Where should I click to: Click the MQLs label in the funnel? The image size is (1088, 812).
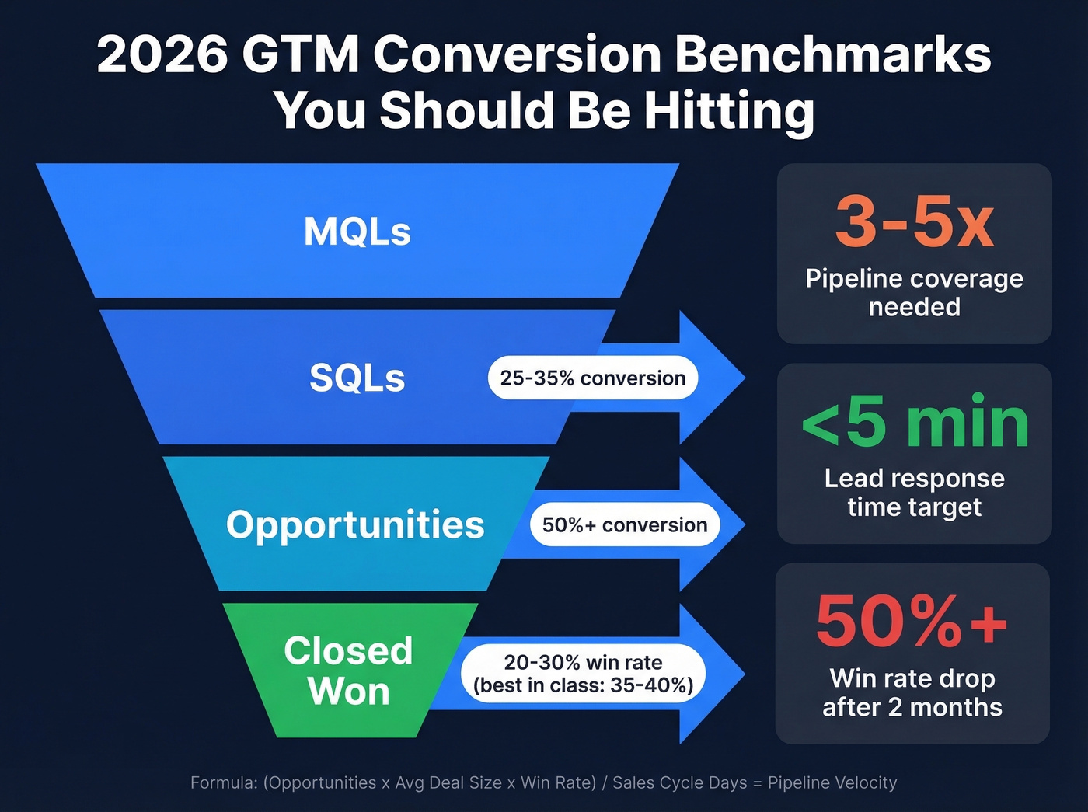(x=357, y=232)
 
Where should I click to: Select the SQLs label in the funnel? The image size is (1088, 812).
(x=357, y=378)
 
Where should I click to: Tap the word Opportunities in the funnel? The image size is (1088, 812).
(x=355, y=524)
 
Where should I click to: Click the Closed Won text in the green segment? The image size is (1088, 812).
(x=348, y=671)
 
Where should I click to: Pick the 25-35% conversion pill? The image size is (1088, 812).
(x=592, y=378)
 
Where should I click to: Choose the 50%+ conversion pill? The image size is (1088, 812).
(x=624, y=525)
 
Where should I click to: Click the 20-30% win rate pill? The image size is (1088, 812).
(x=583, y=674)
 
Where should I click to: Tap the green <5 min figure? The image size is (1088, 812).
(x=915, y=422)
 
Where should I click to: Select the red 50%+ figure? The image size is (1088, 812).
(x=912, y=622)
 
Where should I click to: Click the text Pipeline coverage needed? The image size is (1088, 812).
(x=914, y=293)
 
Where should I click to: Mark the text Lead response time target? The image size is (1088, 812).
(x=914, y=493)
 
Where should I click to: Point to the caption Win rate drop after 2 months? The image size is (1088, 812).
(x=912, y=692)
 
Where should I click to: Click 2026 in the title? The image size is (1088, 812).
(x=162, y=55)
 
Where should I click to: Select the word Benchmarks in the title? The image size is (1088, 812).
(x=832, y=55)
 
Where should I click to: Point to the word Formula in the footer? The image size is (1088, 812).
(x=223, y=782)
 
